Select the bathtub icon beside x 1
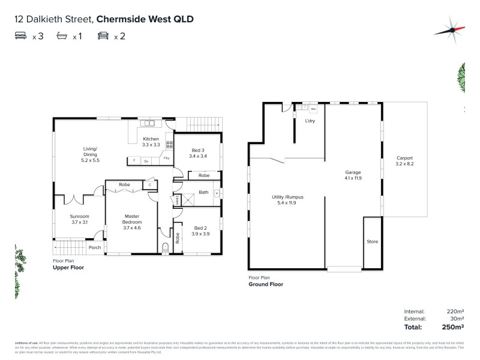pos(62,37)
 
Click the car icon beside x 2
pos(103,37)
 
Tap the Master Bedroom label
pos(132,219)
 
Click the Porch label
pos(94,247)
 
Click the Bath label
pos(203,193)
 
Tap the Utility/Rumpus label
pos(284,200)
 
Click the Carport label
pos(404,161)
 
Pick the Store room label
pos(372,241)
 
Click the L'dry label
pos(310,121)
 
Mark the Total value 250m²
pos(454,327)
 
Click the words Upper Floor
pos(68,268)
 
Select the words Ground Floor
pos(266,284)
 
